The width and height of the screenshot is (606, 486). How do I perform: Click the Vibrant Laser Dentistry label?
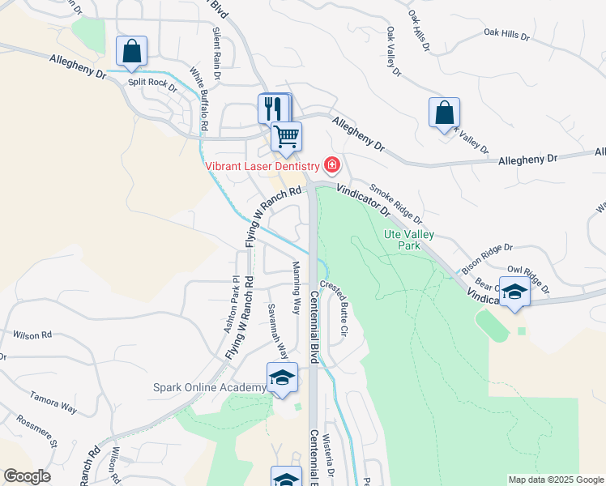point(262,166)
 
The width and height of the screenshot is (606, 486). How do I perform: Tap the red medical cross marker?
point(331,166)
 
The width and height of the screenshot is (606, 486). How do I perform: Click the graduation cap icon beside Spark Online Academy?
point(282,377)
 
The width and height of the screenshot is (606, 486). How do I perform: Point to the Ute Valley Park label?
point(409,241)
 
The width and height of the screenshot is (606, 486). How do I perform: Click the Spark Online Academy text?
point(209,388)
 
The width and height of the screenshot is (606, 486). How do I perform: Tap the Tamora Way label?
point(53,403)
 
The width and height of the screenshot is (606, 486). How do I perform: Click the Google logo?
point(27,476)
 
